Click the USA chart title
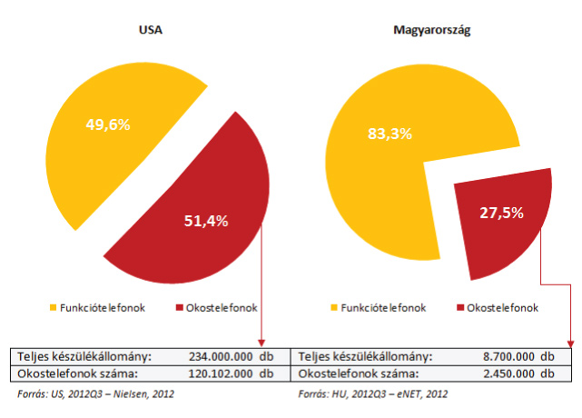coord(150,31)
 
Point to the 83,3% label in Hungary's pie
coord(390,134)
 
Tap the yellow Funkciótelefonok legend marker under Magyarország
coord(332,308)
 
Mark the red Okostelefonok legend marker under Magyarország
coord(459,308)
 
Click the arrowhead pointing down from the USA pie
coord(262,341)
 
